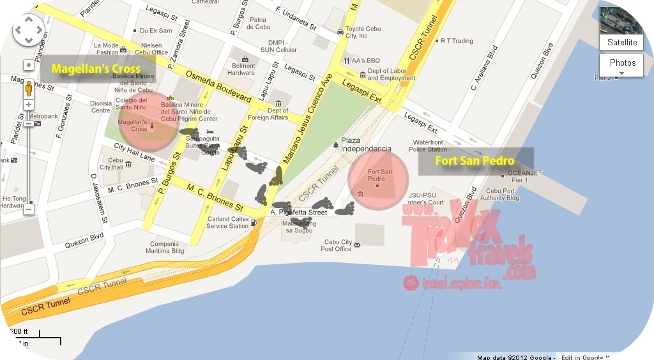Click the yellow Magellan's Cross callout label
[95, 68]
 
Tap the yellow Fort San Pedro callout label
[475, 161]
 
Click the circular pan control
[28, 29]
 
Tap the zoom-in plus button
[29, 104]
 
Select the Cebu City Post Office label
[338, 246]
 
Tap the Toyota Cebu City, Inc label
[363, 33]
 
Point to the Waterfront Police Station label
[428, 146]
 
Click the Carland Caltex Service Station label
[227, 223]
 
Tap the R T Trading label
[457, 41]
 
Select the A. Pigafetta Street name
[298, 212]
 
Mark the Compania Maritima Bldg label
[165, 247]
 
